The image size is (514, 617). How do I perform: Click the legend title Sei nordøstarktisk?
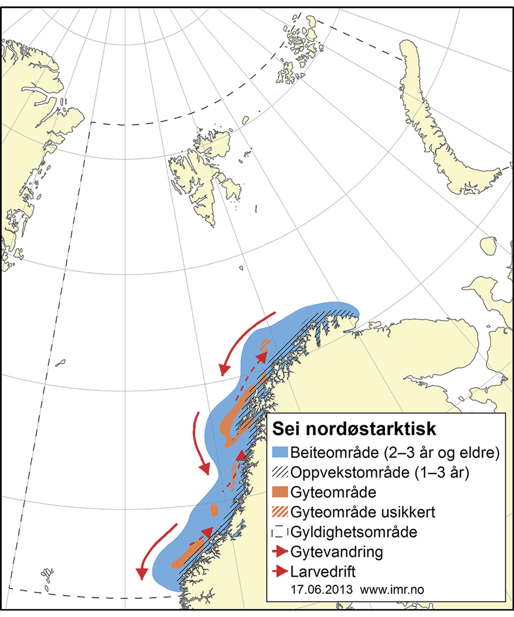(x=354, y=429)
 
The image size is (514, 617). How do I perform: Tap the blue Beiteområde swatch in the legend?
(x=280, y=452)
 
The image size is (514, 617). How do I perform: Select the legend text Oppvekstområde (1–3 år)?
(x=380, y=472)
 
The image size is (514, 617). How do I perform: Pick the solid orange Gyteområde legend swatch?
(x=280, y=492)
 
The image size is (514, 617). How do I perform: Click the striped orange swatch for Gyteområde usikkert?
(x=280, y=512)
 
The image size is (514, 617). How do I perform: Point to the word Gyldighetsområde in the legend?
(x=354, y=532)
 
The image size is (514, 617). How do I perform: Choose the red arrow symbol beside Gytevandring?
(x=280, y=552)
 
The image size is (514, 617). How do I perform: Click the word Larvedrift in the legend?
(x=323, y=572)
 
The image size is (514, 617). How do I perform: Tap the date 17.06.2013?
(x=321, y=590)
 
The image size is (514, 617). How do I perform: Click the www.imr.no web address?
(x=392, y=590)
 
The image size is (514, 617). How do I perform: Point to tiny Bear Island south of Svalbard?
(x=241, y=268)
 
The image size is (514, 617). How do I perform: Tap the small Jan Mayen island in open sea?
(x=60, y=363)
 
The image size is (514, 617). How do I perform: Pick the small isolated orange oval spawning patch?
(x=215, y=510)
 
